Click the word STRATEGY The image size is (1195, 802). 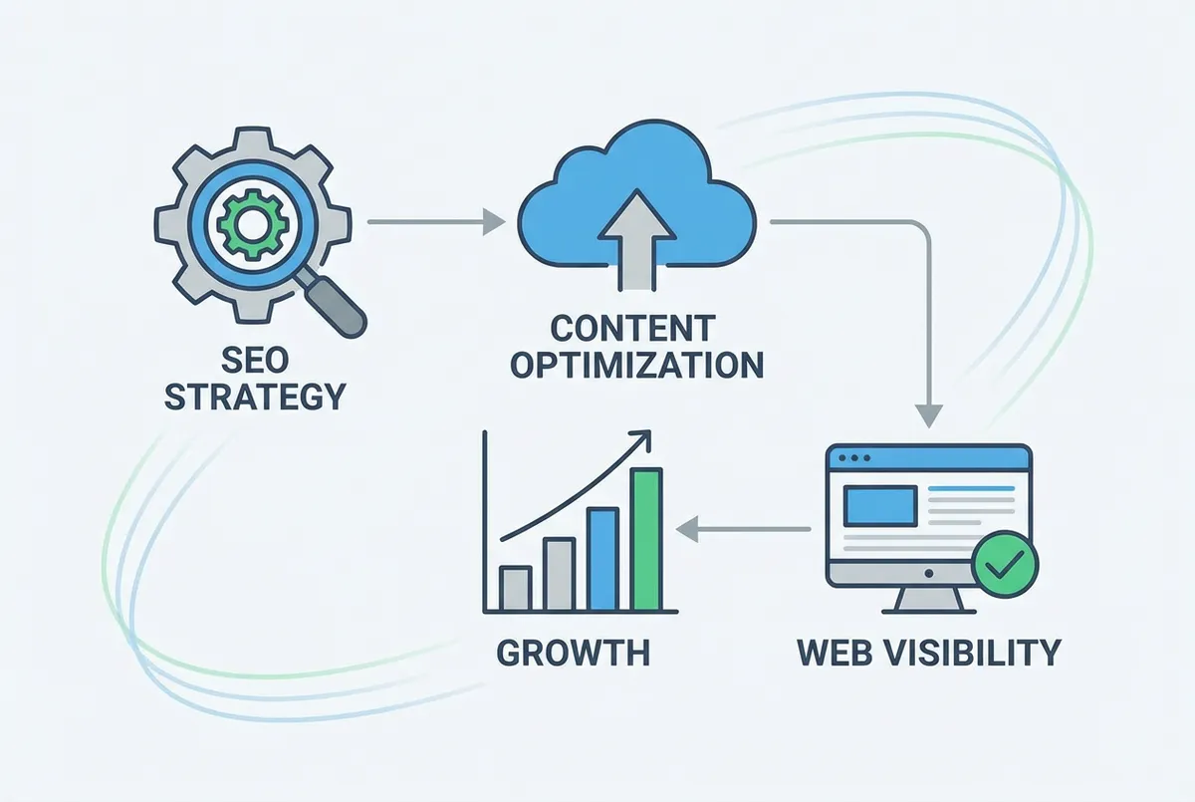click(x=254, y=396)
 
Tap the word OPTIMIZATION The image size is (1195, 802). click(x=636, y=365)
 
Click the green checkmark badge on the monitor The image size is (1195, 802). click(x=1004, y=566)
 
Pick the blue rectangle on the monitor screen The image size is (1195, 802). click(x=880, y=505)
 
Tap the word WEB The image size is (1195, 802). click(x=839, y=654)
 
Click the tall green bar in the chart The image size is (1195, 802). click(x=645, y=539)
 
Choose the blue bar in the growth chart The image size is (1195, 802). click(x=602, y=559)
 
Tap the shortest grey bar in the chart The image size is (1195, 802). click(x=515, y=588)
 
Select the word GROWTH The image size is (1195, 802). click(x=573, y=654)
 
